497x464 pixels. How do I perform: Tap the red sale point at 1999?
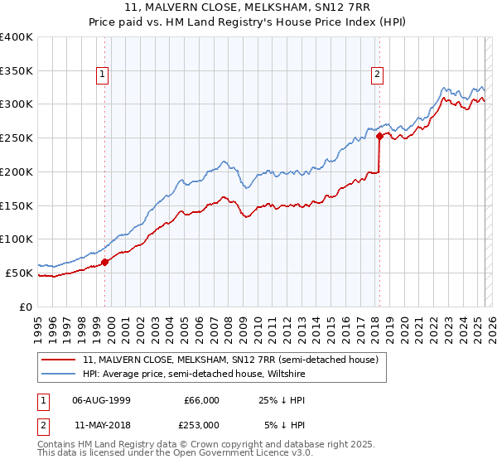click(x=105, y=262)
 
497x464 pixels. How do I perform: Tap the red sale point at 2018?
click(x=379, y=136)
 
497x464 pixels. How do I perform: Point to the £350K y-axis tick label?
click(x=17, y=70)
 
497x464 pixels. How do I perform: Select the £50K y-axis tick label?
click(x=20, y=273)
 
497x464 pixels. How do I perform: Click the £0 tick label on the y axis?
click(x=27, y=307)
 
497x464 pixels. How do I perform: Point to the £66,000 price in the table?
click(x=200, y=400)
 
